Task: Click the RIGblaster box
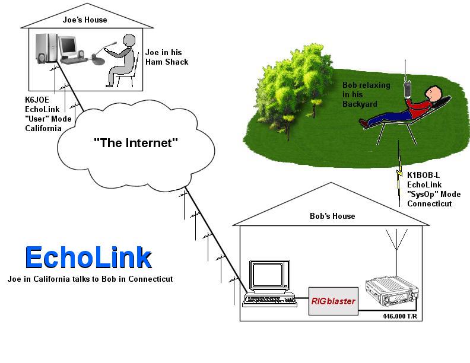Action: point(333,301)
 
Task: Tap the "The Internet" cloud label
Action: point(136,142)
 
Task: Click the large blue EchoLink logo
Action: point(88,257)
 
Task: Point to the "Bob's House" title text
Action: point(332,216)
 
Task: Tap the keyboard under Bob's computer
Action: point(268,300)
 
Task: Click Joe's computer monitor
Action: point(69,46)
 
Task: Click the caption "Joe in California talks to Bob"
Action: point(90,279)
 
